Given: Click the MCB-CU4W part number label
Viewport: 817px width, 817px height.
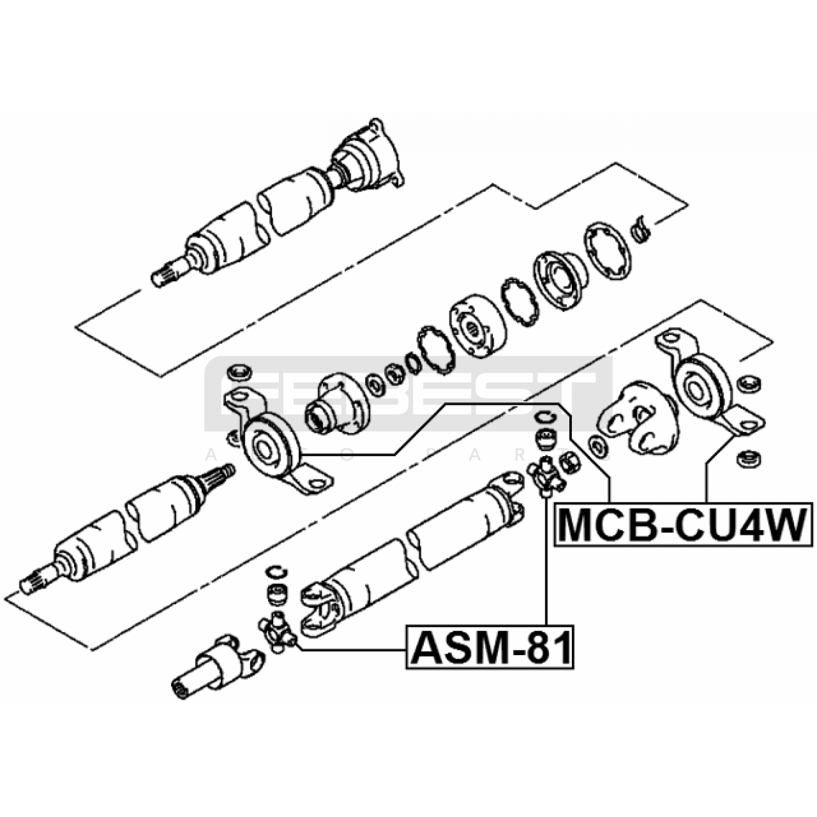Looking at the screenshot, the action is tap(683, 525).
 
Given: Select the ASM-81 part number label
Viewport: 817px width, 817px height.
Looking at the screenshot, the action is tap(491, 647).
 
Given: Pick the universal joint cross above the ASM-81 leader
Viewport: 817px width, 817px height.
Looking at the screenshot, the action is tap(546, 475).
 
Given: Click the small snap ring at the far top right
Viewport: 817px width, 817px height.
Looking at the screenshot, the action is tap(639, 227).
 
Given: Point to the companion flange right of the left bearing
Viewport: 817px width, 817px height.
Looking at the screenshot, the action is tap(337, 403).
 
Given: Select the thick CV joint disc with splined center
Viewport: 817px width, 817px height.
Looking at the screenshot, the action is tap(478, 327).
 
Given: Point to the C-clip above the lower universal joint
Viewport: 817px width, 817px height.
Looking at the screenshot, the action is tap(276, 572).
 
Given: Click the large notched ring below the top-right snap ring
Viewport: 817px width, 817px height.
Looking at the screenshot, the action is tap(608, 251).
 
